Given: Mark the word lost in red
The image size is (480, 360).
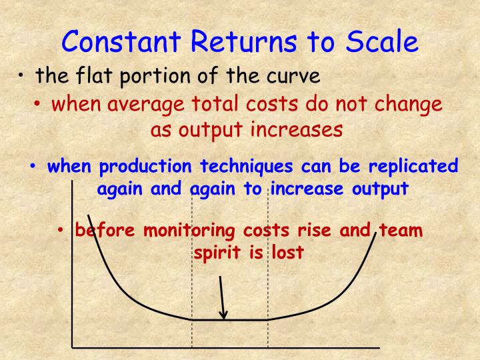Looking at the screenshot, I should point(286,253).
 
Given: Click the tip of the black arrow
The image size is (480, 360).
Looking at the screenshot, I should point(225,317).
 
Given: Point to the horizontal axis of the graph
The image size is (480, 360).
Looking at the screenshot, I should point(227,347).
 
